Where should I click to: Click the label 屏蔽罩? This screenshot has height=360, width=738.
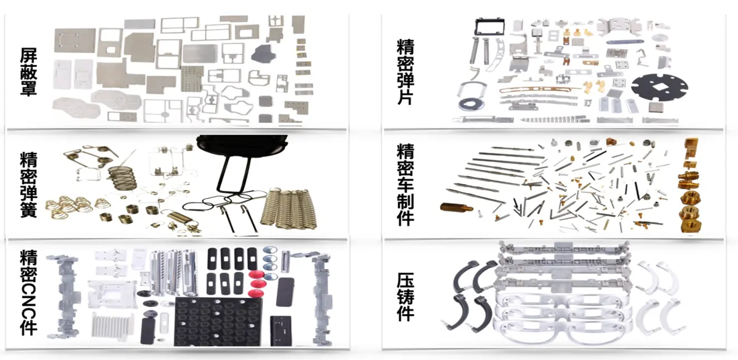point(28,71)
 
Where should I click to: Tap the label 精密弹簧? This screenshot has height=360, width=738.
point(28,184)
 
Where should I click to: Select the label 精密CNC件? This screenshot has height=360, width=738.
point(28,292)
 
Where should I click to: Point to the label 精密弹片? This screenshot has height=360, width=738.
point(405,72)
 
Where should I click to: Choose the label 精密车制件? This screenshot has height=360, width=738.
point(405,184)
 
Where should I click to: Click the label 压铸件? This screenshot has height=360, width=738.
point(405,297)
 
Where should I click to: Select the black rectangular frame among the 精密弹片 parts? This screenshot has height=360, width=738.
point(491,27)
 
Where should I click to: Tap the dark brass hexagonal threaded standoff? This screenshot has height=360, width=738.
point(457,208)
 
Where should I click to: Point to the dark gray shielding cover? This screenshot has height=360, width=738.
point(263,54)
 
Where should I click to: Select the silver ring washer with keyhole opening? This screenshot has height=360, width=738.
point(472,104)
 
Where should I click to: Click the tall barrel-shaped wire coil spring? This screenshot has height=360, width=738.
point(122,179)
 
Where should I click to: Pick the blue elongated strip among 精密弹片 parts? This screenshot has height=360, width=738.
point(625,42)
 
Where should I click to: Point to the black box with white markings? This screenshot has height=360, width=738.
point(281,330)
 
